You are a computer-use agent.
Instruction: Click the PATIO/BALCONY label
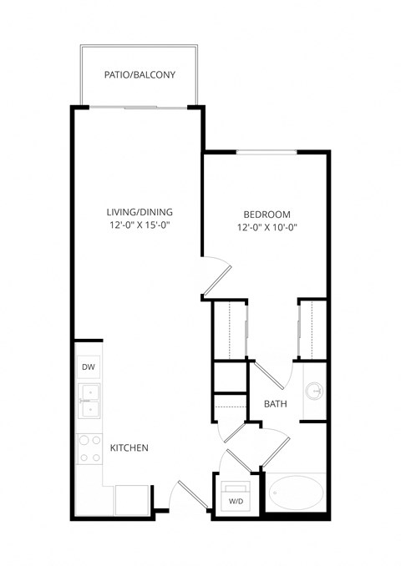coord(140,75)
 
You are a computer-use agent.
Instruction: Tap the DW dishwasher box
coord(88,367)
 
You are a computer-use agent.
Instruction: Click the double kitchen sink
coord(88,401)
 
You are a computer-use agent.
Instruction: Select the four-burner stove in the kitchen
coord(88,447)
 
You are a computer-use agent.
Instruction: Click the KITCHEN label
coord(129,448)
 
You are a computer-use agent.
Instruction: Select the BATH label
coord(276,404)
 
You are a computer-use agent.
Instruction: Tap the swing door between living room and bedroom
coord(216,277)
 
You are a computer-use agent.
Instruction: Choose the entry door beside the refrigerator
coord(188,494)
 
